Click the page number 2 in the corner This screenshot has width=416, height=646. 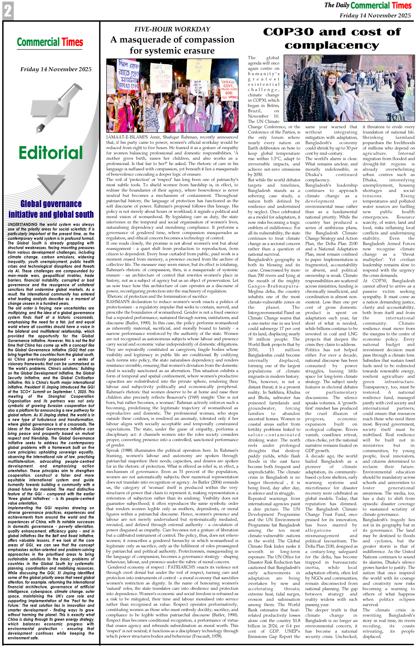coord(8,11)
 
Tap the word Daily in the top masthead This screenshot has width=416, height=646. coord(342,5)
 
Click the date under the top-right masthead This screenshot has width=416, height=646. coord(375,15)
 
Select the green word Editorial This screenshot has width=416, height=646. coord(51,153)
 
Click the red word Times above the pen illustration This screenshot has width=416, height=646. coord(72,42)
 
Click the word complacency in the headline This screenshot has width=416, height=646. coord(332,45)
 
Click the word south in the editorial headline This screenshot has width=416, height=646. coord(83,214)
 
